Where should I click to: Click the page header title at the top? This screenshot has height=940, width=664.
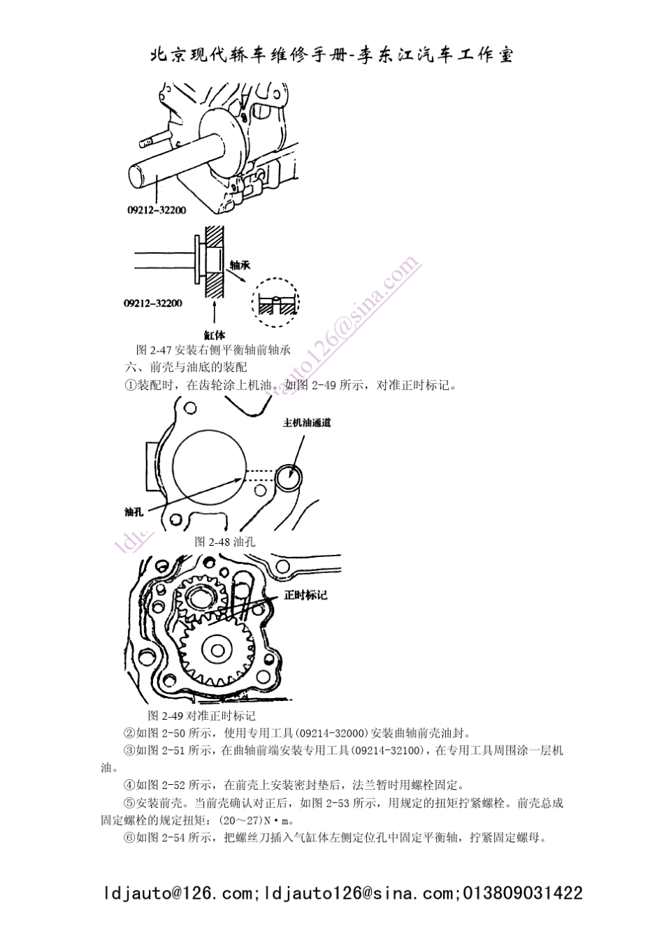[x=332, y=56]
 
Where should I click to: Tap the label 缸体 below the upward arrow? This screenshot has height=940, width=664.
[x=215, y=334]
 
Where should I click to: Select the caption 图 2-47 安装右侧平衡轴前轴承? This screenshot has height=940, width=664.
[x=213, y=350]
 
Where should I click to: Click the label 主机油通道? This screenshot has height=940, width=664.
[x=307, y=423]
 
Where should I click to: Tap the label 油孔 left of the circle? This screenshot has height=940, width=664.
[x=133, y=512]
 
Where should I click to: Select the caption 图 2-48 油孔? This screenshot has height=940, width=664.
[x=224, y=542]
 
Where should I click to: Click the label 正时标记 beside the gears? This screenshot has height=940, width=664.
[x=305, y=595]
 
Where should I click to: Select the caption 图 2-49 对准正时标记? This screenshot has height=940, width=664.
[x=202, y=716]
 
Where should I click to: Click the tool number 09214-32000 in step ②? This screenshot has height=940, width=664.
[x=331, y=733]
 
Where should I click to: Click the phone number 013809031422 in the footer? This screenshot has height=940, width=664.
[x=523, y=893]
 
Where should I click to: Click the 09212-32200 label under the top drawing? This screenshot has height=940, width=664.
[x=157, y=209]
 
